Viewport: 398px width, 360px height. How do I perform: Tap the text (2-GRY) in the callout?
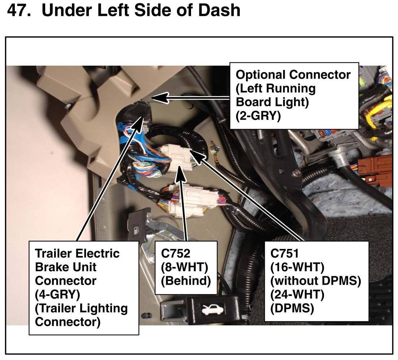[258, 116]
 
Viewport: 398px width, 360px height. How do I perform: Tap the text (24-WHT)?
[297, 295]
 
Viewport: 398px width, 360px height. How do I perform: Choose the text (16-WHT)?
[297, 267]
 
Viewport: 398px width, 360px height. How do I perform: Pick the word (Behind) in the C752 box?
[186, 281]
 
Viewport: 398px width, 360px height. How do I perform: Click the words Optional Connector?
[293, 75]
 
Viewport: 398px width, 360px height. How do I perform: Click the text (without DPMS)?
[316, 281]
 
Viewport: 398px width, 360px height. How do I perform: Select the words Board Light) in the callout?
[272, 102]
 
